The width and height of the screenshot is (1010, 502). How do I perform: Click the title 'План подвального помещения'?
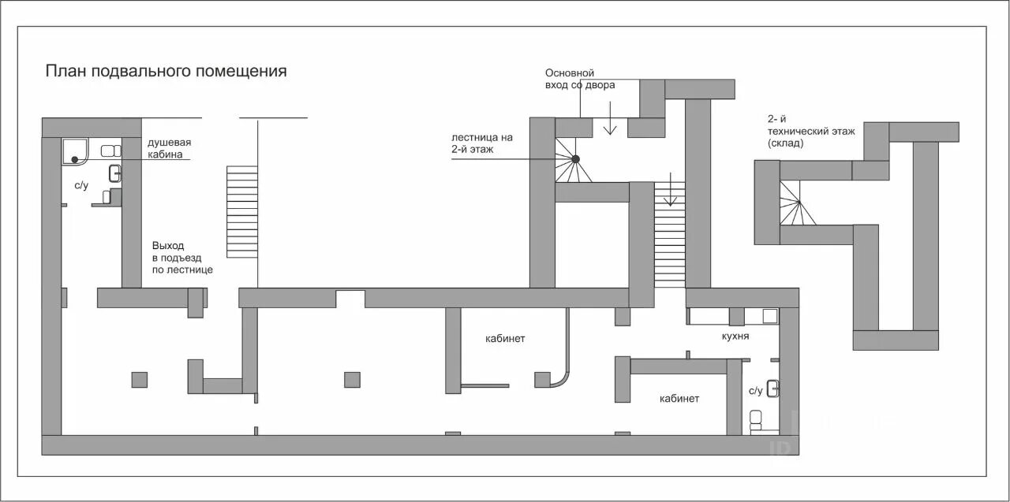point(166,71)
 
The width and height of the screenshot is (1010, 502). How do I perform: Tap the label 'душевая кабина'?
point(169,148)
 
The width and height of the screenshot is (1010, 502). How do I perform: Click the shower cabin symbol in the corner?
point(75,151)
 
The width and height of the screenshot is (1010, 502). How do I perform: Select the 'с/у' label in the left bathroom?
point(81,186)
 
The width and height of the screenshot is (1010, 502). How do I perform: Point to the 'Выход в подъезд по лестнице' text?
point(181,258)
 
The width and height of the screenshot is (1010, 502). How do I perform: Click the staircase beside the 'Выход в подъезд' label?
point(242,211)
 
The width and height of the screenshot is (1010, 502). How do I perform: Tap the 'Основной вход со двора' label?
point(579,79)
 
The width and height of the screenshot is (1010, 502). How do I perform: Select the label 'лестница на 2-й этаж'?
point(482,143)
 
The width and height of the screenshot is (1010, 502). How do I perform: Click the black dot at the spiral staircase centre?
point(576,159)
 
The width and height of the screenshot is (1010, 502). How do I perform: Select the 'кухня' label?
point(735,336)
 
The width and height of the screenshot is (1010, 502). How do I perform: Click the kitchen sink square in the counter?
point(770,316)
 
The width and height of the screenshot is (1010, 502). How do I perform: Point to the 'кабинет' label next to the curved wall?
point(505,339)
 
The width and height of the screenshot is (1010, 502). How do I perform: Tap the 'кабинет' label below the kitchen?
point(679,399)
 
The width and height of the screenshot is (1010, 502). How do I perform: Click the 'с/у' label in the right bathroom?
point(755,390)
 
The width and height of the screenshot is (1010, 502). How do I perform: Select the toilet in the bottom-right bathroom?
point(755,418)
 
